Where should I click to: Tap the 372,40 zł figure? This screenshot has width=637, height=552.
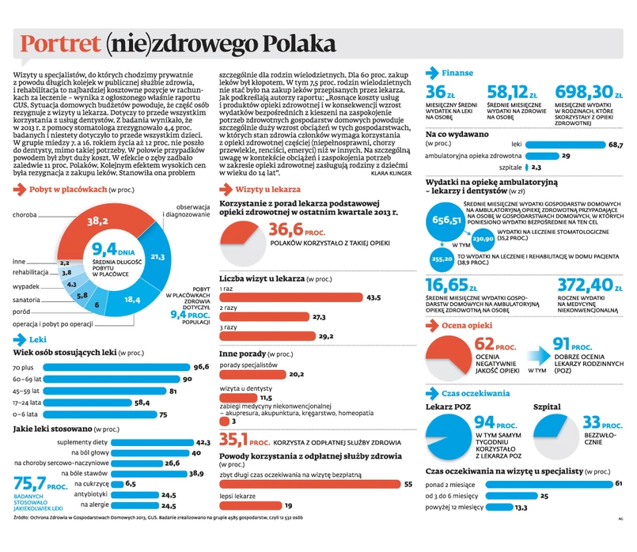(x=586, y=285)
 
